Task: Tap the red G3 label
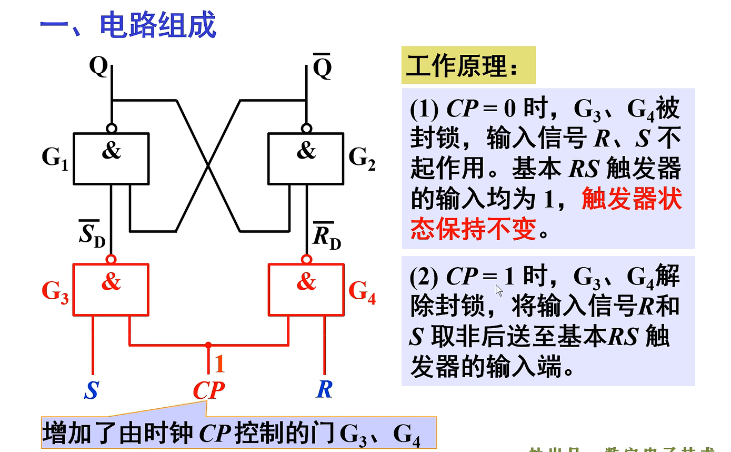55,291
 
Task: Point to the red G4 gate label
362,291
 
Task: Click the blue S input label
92,390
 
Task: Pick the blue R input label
324,389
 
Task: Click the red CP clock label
208,391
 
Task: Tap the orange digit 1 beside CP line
220,364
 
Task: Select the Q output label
98,66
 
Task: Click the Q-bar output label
322,66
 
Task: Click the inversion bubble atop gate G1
111,128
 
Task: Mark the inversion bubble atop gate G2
306,128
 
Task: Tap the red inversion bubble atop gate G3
111,259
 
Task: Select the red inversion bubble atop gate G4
306,259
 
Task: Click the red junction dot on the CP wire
208,345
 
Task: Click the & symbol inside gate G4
306,283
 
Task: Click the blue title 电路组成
157,25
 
